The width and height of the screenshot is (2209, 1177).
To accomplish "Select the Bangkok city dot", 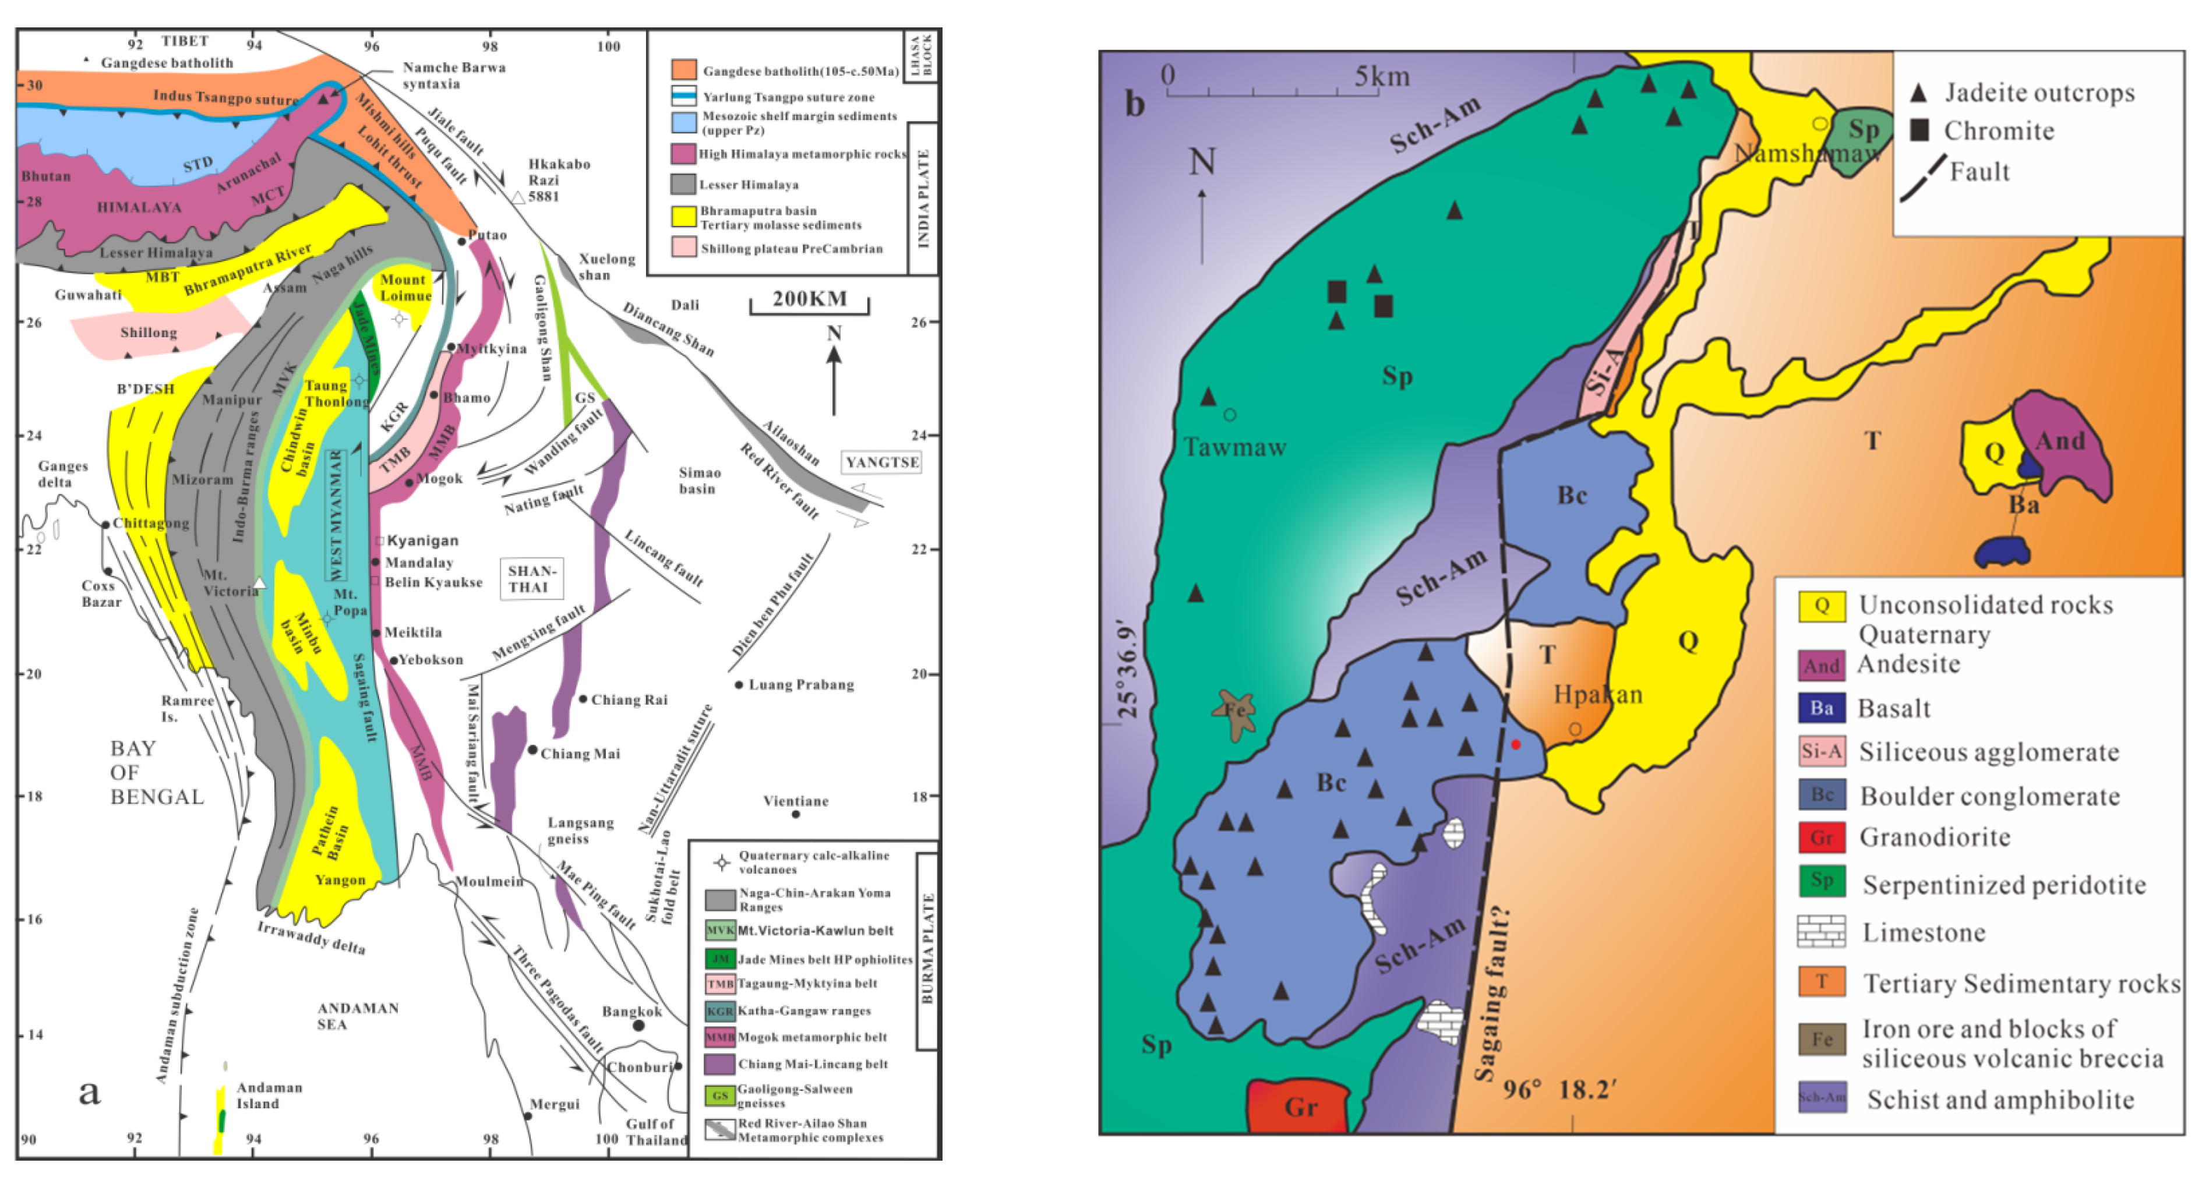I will [x=638, y=1025].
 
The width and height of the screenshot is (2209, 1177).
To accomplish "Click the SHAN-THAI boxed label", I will [x=532, y=579].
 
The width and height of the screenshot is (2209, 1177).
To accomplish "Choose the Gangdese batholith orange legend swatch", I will [x=683, y=69].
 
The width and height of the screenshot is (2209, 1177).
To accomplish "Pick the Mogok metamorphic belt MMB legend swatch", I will [x=719, y=1037].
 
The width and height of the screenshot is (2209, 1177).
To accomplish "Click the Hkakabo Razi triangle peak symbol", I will [x=518, y=198].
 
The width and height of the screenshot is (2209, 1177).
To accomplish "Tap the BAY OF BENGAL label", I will [x=156, y=772].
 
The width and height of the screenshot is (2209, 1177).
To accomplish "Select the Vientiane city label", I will [x=796, y=801].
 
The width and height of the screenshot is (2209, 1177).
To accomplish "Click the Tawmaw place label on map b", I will [x=1235, y=447].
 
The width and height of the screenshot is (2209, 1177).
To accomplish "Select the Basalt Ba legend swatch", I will [x=1822, y=708].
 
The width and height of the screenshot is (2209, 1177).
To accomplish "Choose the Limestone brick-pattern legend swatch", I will [x=1822, y=932].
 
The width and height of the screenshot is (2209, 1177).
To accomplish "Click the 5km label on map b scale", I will [x=1381, y=76].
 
